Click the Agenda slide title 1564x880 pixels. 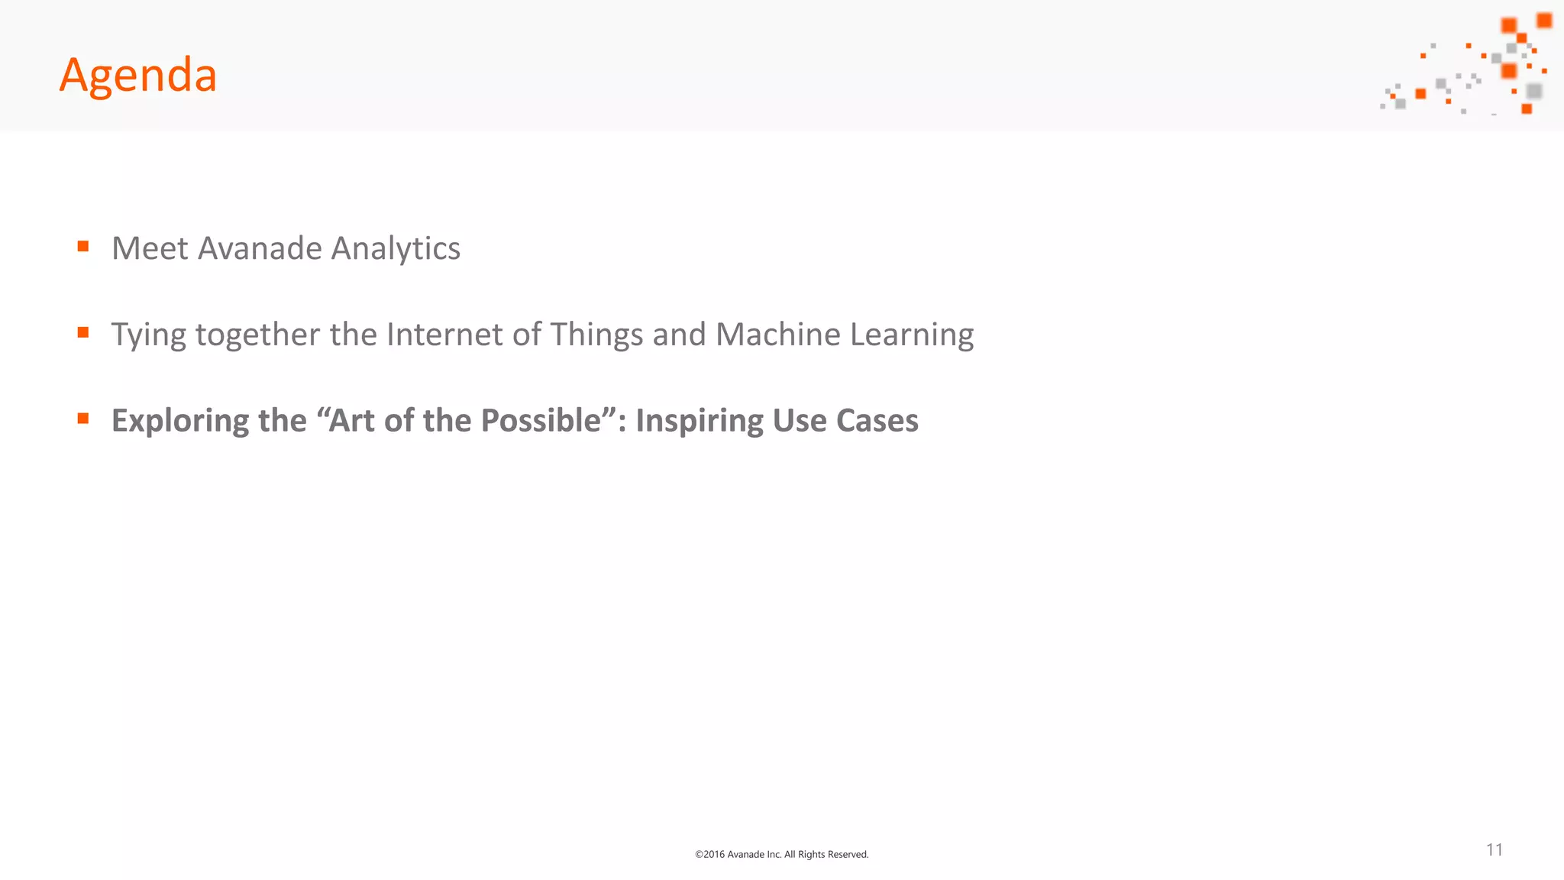[138, 76]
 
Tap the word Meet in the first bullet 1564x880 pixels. [150, 248]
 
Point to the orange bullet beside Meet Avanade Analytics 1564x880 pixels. [83, 246]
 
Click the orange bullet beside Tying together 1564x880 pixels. [83, 332]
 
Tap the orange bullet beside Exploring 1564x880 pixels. [83, 419]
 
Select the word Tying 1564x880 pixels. [148, 335]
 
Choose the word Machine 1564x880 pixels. [777, 335]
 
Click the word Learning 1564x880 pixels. [912, 335]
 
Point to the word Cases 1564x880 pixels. [877, 421]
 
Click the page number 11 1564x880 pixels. [1495, 850]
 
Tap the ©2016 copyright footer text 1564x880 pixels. [781, 854]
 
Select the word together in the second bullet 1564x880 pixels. [257, 335]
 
